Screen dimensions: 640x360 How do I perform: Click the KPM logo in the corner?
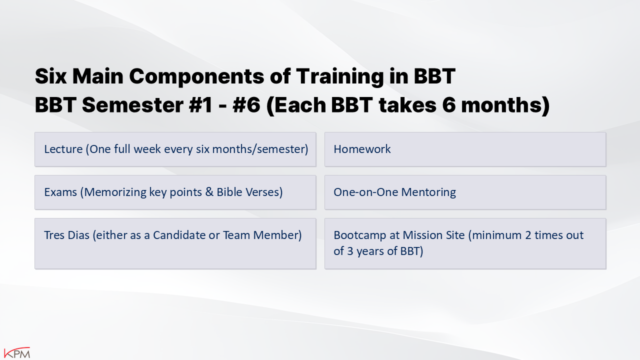tap(17, 352)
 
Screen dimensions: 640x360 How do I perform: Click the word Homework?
tap(362, 149)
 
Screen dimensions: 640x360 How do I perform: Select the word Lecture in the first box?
tap(63, 149)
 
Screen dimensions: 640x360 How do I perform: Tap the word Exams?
tap(60, 192)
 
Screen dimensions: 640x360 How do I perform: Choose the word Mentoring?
tap(428, 192)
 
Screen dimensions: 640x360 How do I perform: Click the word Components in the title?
tap(197, 76)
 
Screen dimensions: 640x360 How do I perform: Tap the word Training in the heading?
tap(339, 76)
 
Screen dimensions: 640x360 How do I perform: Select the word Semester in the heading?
tap(132, 105)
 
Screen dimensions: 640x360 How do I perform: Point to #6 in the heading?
tap(246, 105)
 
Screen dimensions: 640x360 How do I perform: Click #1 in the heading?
tap(200, 105)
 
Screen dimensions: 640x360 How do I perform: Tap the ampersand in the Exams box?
tap(209, 192)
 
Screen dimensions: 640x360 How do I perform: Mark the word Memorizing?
tap(115, 192)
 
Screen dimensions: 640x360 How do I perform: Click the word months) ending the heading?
tap(505, 105)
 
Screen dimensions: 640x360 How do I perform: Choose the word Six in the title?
tap(51, 76)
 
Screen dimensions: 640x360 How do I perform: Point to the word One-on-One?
tap(366, 192)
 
